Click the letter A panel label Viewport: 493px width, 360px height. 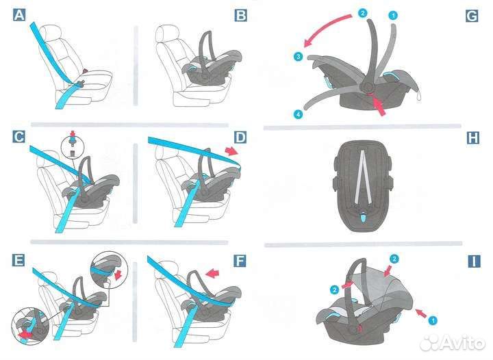pyautogui.click(x=19, y=15)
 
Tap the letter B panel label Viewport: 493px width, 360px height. pyautogui.click(x=240, y=15)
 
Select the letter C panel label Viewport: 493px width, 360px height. pyautogui.click(x=19, y=137)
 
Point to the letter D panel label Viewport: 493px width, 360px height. pyautogui.click(x=240, y=138)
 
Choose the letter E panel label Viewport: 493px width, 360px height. pyautogui.click(x=18, y=260)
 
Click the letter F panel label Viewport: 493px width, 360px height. pyautogui.click(x=240, y=261)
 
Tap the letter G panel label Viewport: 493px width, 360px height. pyautogui.click(x=472, y=16)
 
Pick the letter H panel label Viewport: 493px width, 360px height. pyautogui.click(x=473, y=138)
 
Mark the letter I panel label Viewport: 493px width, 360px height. pyautogui.click(x=474, y=261)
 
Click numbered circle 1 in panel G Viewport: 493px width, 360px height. pyautogui.click(x=393, y=15)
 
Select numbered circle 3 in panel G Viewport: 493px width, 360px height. pyautogui.click(x=298, y=57)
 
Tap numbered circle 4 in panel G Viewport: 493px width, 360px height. pyautogui.click(x=298, y=114)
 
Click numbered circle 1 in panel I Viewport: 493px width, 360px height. pyautogui.click(x=433, y=320)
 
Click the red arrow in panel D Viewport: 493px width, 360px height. pyautogui.click(x=232, y=151)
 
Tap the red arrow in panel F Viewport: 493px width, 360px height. pyautogui.click(x=212, y=273)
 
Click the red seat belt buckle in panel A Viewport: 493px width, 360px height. pyautogui.click(x=85, y=72)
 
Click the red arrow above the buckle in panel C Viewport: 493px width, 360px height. pyautogui.click(x=73, y=133)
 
